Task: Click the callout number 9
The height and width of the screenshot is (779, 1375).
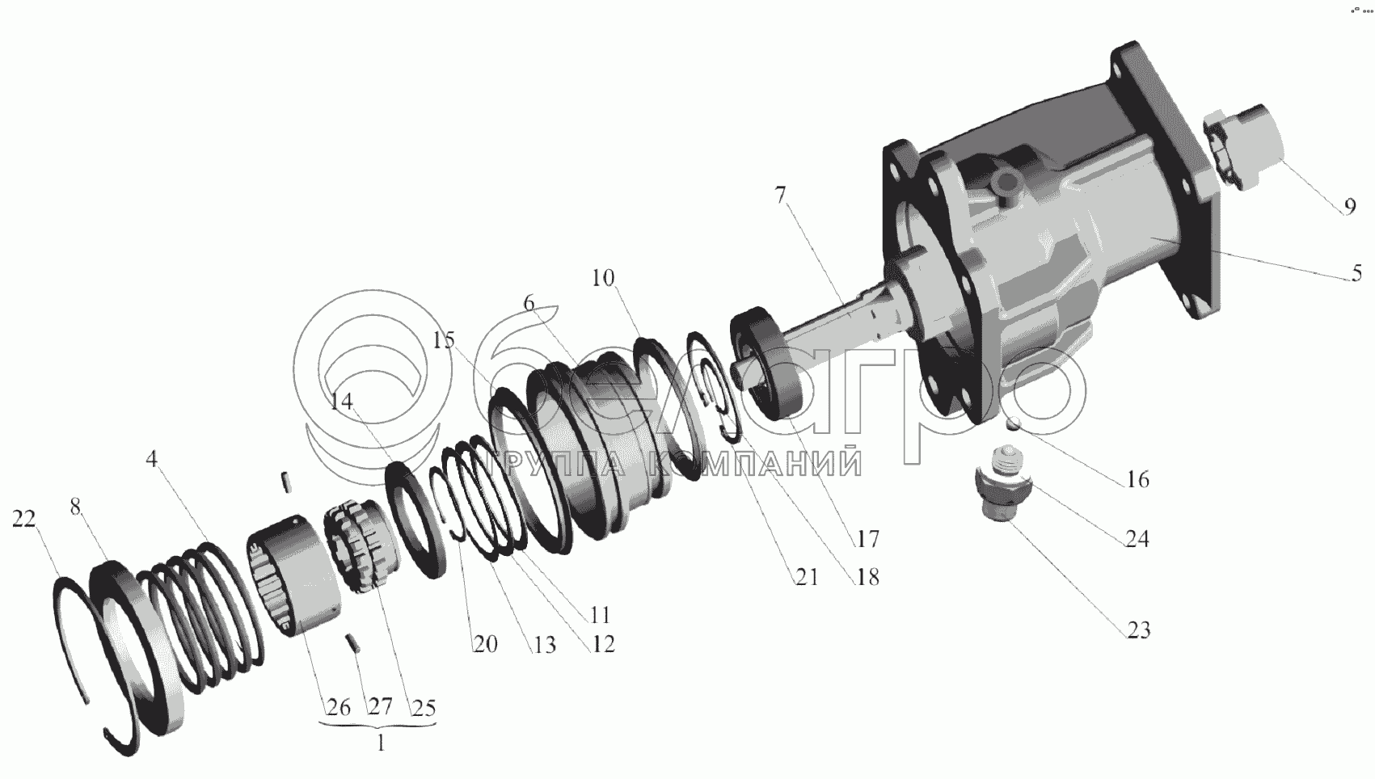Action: coord(1349,207)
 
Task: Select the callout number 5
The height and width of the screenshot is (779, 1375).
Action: coord(1356,272)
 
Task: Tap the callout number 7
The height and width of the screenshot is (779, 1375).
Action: coord(780,196)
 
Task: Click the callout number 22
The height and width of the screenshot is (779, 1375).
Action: coord(24,519)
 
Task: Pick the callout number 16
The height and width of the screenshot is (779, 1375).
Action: coord(1137,479)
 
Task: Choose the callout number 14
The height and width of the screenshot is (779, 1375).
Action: coord(341,402)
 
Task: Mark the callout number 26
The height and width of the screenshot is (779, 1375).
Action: coord(338,707)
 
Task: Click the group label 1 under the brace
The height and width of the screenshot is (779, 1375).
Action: coord(382,743)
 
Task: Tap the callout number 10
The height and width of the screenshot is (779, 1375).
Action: coord(603,278)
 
